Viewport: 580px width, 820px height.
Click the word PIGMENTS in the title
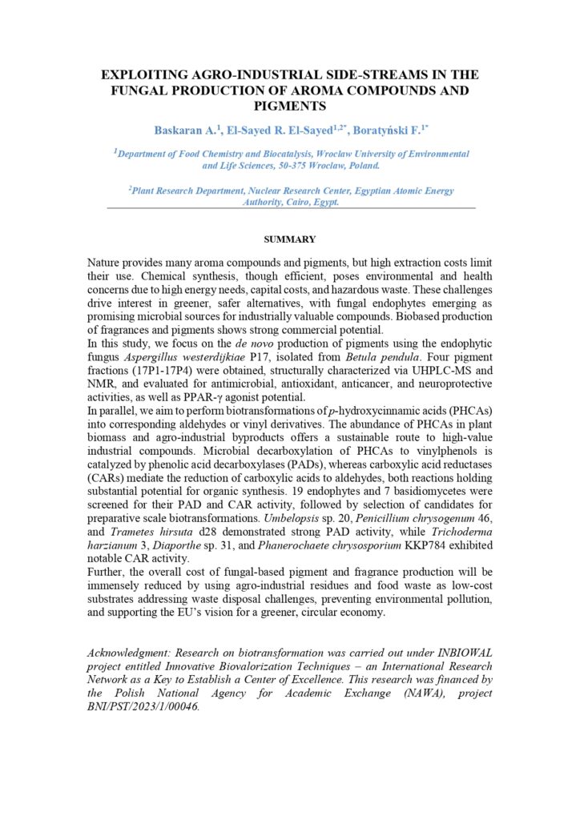click(x=289, y=105)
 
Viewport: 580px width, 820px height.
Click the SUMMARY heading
click(x=289, y=239)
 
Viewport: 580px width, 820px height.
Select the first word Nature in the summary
click(x=104, y=263)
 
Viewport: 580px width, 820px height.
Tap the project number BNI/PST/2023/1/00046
click(x=143, y=708)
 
